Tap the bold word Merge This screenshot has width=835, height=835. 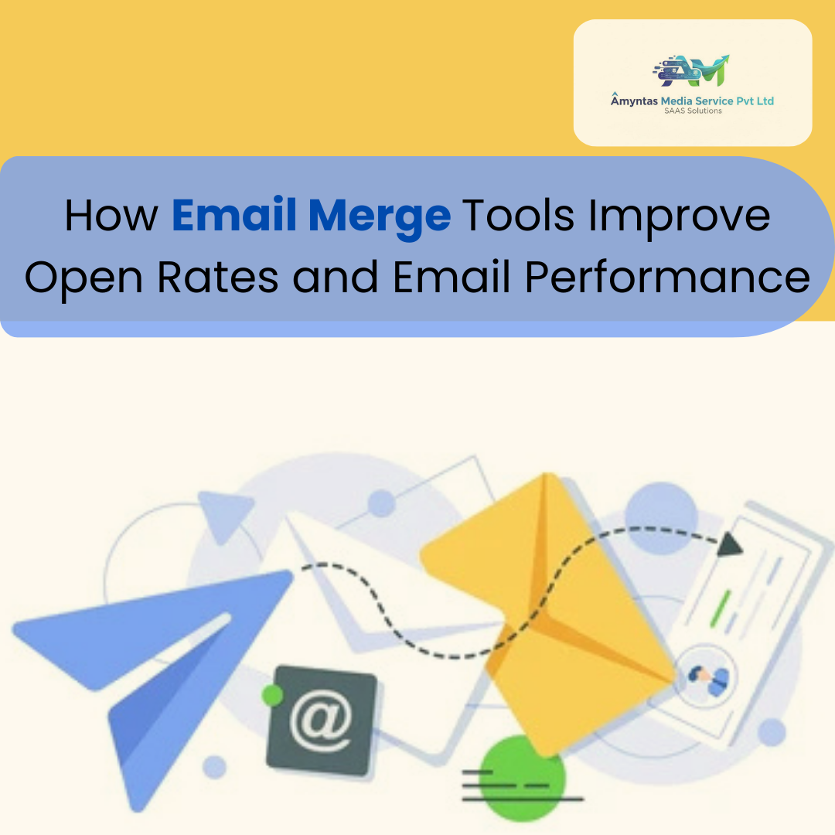[379, 217]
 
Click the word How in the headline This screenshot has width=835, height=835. [111, 216]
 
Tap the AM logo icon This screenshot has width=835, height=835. [691, 71]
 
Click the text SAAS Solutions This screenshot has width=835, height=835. [693, 111]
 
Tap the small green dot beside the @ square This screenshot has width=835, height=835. [271, 694]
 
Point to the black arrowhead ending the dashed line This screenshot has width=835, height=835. [728, 546]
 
